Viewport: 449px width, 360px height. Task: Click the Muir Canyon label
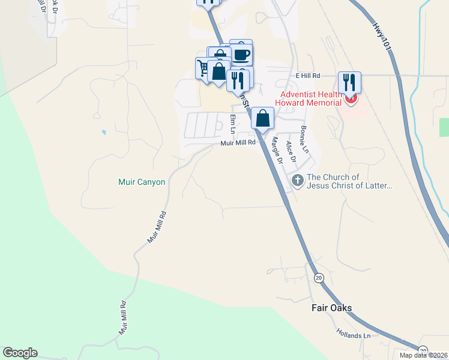[x=141, y=182]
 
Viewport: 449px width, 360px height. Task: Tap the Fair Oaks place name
[x=331, y=308]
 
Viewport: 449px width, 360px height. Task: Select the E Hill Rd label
[x=309, y=76]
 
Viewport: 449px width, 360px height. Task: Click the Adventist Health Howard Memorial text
[x=307, y=98]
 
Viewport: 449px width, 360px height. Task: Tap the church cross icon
[x=297, y=180]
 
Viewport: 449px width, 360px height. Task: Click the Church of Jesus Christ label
[x=349, y=181]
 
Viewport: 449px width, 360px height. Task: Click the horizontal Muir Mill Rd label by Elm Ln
[x=238, y=143]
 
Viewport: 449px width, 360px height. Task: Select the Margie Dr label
[x=277, y=151]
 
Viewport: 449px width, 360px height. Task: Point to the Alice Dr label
[x=291, y=151]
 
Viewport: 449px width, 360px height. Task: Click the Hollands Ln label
[x=353, y=332]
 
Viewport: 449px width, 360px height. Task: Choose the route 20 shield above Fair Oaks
[x=318, y=277]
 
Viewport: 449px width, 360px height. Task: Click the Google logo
[x=20, y=353]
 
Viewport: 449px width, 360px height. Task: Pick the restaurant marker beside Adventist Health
[x=349, y=82]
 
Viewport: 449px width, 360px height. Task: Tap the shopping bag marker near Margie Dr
[x=262, y=118]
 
